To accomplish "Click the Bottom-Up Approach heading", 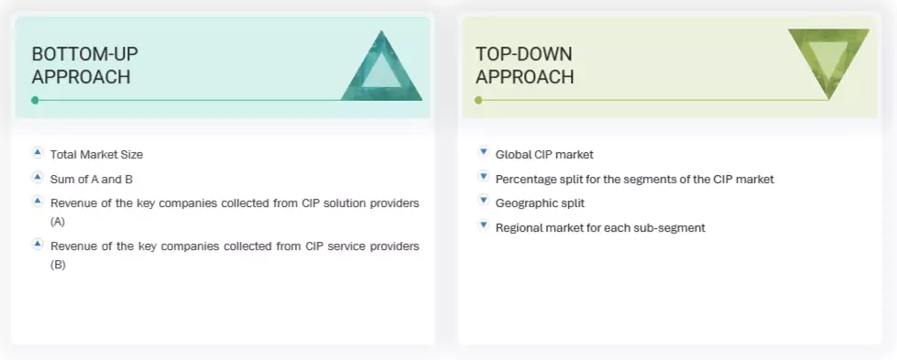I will click(85, 65).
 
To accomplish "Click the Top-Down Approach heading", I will click(524, 65).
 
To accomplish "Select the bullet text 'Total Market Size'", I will click(96, 155).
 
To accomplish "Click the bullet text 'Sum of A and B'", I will click(92, 179).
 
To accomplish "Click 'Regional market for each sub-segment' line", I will click(600, 227).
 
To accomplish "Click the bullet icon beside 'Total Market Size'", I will click(38, 153).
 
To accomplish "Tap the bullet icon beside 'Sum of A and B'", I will click(38, 177).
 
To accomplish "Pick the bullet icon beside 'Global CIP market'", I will click(483, 153).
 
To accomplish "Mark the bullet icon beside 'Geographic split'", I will click(483, 201).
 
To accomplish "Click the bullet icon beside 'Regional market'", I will click(483, 225).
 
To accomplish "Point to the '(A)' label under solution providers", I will click(58, 222).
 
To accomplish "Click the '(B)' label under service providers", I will click(58, 265).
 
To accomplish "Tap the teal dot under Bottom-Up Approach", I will click(35, 100).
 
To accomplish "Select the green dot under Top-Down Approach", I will click(478, 100).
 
